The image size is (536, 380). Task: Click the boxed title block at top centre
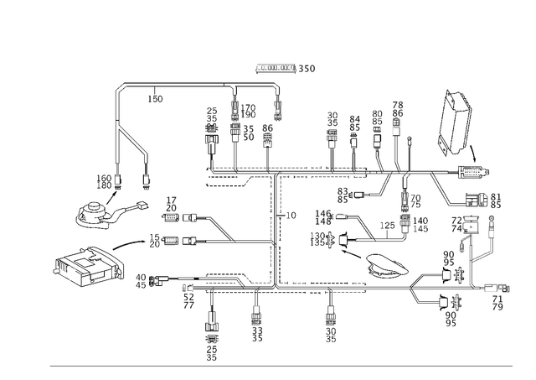276,67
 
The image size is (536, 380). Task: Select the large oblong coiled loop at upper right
452,122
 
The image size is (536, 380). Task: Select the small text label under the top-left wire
155,100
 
